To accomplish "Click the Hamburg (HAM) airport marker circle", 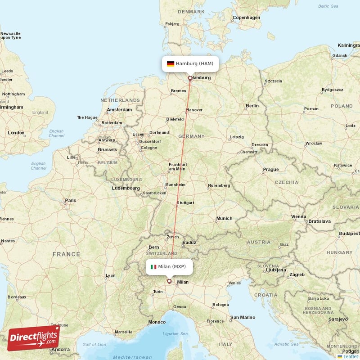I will [190, 78].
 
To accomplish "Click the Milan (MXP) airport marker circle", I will [169, 282].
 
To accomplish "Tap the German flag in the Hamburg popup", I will [171, 64].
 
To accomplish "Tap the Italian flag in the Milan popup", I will [153, 267].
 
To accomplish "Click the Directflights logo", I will [33, 338].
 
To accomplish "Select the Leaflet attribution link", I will [350, 356].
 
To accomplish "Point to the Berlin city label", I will [252, 106].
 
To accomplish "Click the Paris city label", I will [70, 200].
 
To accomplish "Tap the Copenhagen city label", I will [246, 18].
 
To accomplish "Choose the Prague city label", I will [271, 170].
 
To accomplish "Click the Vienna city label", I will [298, 216].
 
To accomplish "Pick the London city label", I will [16, 133].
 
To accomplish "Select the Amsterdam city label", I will [119, 109].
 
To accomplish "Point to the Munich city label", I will [224, 218].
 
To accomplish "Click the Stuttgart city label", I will [185, 202].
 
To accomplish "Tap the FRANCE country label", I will [66, 254].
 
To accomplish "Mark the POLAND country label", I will [342, 106].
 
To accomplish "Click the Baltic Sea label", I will [328, 6].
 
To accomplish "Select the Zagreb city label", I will [297, 274].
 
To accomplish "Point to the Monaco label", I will [157, 322].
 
